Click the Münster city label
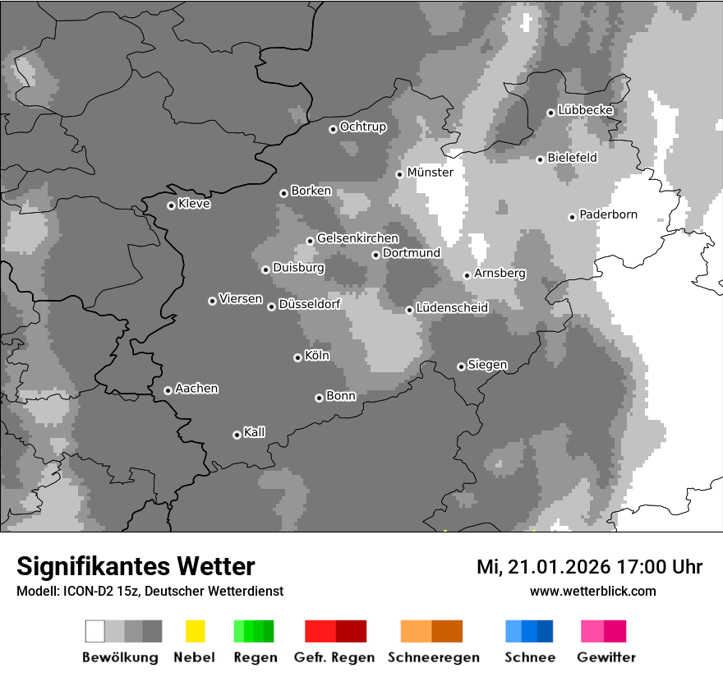430,173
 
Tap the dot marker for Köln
297,357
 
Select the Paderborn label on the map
608,214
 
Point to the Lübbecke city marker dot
550,113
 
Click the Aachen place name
196,389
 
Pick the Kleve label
194,204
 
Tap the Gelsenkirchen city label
357,238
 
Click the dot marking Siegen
461,366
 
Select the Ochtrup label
362,127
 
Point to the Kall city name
254,432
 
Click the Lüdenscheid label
452,308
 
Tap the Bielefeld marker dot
540,159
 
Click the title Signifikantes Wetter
136,566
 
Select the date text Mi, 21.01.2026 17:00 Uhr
589,567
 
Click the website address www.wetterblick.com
592,591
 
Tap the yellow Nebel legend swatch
195,631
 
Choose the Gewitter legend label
606,657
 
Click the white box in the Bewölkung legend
95,631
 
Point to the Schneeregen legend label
432,657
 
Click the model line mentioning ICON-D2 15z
150,591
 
